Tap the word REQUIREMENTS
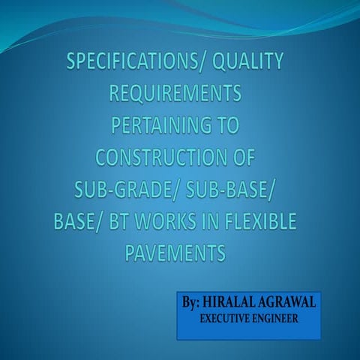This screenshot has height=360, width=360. (x=176, y=94)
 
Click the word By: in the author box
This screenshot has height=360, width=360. (x=195, y=304)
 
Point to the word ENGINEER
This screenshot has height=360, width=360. (x=277, y=319)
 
